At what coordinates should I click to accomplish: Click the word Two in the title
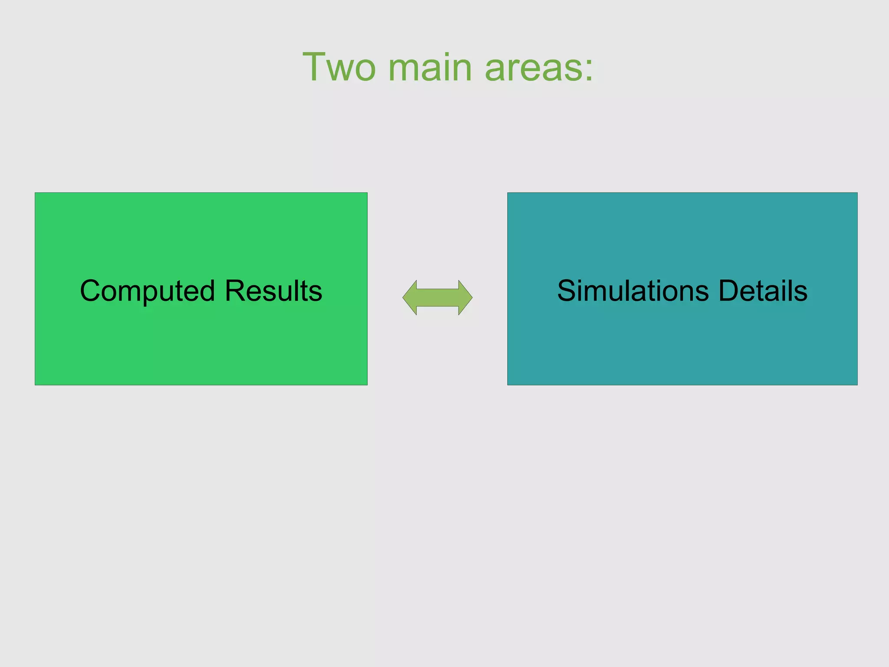[339, 67]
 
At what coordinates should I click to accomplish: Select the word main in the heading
[430, 67]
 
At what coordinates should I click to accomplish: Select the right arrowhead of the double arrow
[465, 297]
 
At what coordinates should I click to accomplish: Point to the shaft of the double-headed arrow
[438, 297]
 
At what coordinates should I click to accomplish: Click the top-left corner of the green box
[35, 193]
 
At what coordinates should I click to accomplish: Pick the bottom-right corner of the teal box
[857, 385]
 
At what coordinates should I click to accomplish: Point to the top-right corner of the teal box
[857, 193]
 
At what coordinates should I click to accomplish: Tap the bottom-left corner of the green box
[35, 385]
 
